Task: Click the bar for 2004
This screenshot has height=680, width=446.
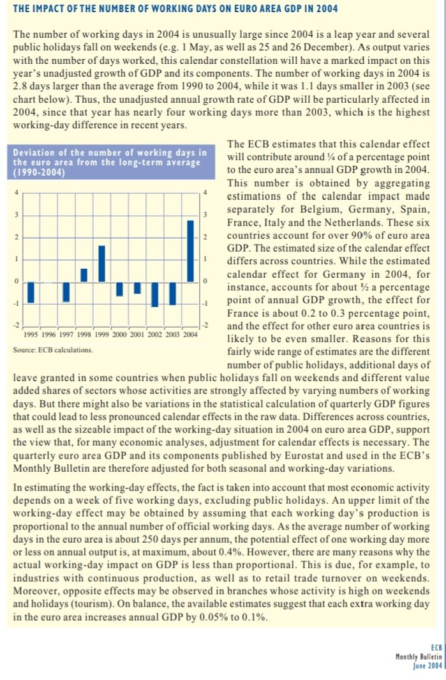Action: [x=190, y=250]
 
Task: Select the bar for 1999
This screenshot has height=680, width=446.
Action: [x=101, y=264]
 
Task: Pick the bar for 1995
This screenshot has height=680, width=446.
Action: [x=30, y=292]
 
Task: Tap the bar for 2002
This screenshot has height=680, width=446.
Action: [x=154, y=294]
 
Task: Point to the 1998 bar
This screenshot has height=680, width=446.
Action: [x=84, y=275]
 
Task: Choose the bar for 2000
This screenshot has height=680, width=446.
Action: [x=119, y=289]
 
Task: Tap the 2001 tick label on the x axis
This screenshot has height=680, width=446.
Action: [x=137, y=333]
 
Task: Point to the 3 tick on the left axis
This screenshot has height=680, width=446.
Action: [x=16, y=215]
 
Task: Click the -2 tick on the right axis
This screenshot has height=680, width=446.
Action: [x=205, y=326]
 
